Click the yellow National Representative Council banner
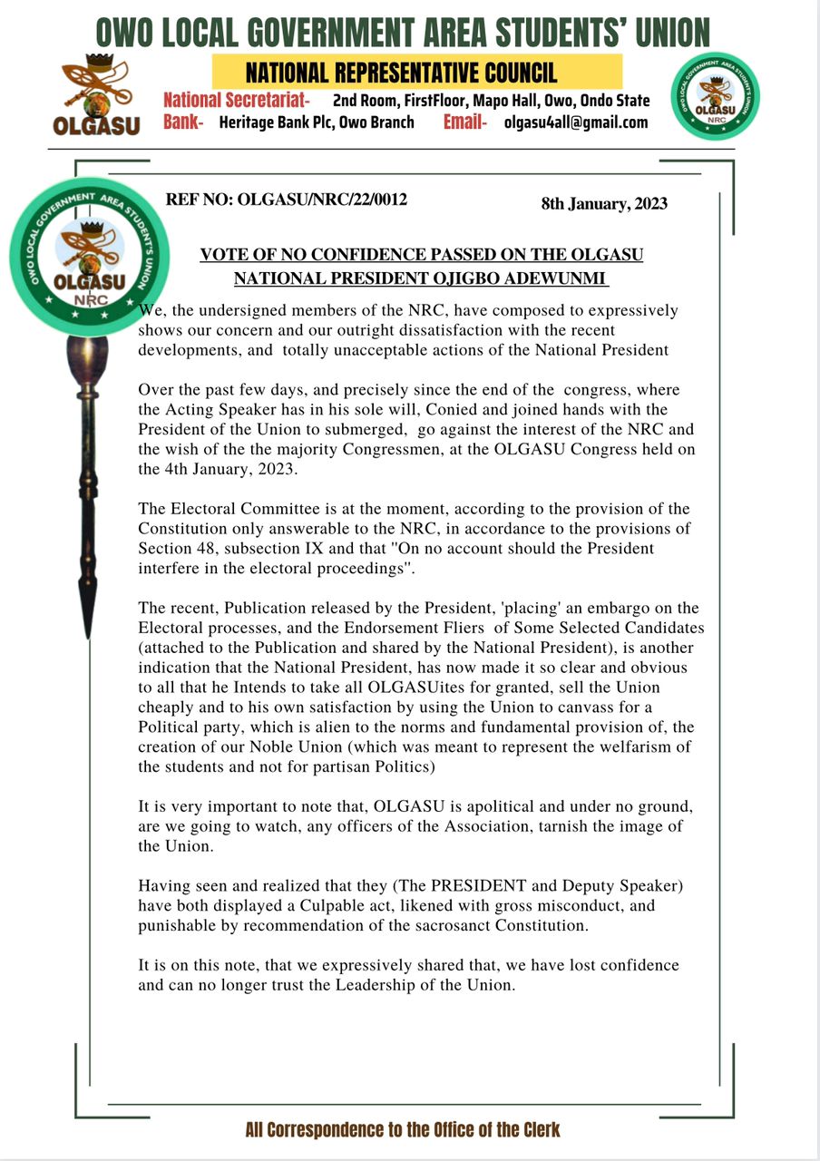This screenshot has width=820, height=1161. [417, 72]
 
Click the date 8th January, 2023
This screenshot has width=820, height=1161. [604, 203]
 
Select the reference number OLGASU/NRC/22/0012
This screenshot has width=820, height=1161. [322, 200]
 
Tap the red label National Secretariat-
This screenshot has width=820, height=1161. [237, 100]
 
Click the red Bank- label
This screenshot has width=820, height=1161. [183, 122]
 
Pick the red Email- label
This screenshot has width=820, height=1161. [465, 122]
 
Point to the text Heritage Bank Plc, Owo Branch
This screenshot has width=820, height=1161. [317, 122]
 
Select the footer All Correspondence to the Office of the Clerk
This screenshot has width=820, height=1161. [403, 1129]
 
